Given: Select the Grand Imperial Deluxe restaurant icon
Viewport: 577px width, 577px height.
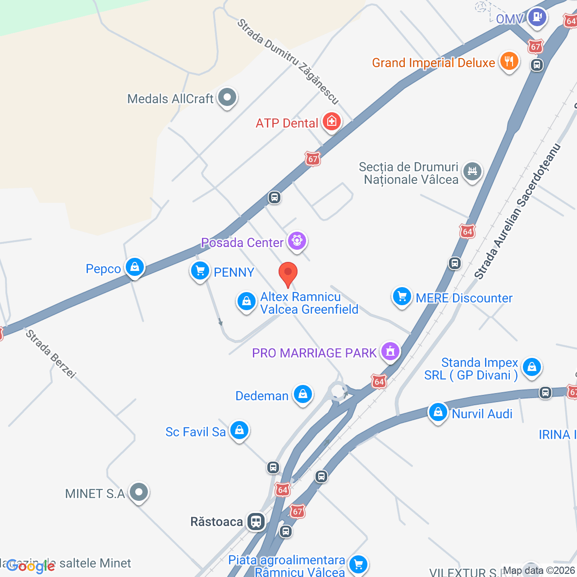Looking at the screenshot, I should (509, 61).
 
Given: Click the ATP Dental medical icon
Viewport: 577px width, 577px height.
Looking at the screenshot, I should (332, 121).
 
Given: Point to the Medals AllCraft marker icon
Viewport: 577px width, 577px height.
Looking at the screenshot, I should (227, 97).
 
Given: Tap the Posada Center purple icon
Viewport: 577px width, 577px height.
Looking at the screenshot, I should (297, 241).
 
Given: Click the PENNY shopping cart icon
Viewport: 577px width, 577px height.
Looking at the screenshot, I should (200, 271).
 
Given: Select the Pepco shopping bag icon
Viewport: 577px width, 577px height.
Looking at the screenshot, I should (134, 268).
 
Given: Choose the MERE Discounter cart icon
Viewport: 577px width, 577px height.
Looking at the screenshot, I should (402, 297).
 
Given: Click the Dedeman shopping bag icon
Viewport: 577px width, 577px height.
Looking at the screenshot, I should (303, 394).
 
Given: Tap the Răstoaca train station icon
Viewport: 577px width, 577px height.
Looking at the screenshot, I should (256, 522).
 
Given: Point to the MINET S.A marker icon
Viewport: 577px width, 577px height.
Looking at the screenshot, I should (138, 492).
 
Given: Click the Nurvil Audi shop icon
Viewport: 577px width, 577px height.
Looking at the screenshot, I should (437, 412).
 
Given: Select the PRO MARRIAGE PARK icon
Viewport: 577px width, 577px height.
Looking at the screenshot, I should (390, 351).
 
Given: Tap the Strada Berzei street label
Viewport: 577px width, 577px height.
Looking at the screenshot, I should (50, 354).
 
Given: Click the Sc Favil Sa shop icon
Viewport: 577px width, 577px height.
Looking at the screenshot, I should (239, 430).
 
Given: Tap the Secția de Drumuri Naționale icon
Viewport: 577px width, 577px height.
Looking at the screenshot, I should (472, 171).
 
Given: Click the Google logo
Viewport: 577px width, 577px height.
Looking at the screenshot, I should (31, 566).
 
